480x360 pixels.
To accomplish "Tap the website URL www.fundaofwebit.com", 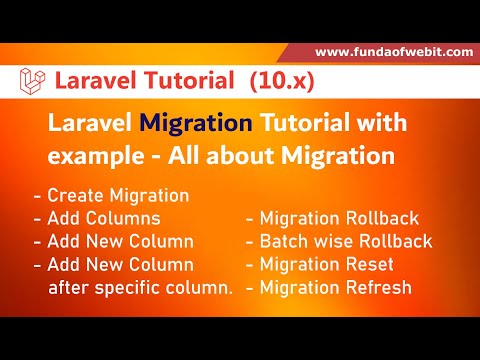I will (395, 52).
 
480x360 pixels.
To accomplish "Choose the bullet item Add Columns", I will (97, 217).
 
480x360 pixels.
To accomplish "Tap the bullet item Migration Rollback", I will (339, 217).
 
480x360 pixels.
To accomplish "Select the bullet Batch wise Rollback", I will (339, 241).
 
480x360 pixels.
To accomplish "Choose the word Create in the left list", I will (70, 195).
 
